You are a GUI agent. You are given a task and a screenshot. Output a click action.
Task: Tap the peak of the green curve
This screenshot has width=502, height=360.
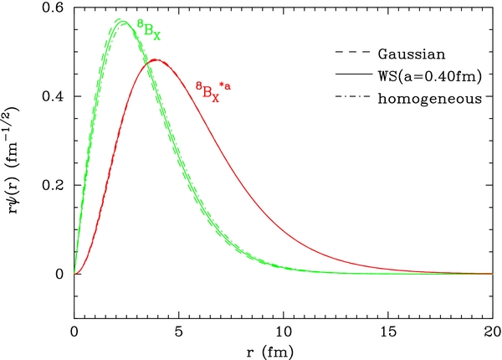[x=122, y=22]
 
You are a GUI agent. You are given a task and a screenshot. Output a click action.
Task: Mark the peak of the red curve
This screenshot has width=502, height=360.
[x=156, y=60]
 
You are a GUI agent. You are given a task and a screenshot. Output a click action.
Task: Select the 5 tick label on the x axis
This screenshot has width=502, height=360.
[x=178, y=332]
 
